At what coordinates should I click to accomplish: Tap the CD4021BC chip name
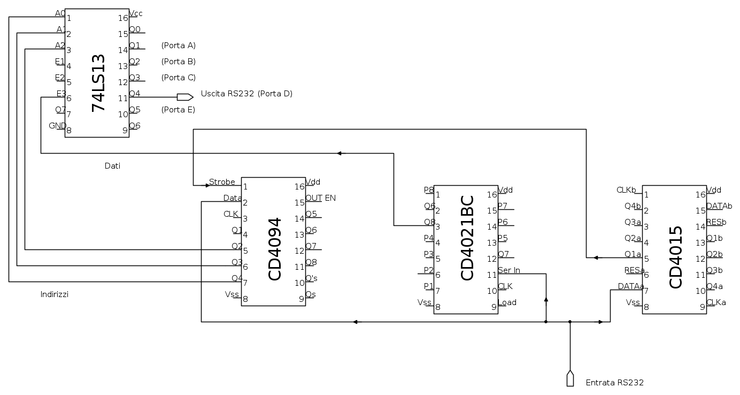tap(467, 238)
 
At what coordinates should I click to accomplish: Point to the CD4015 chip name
tap(676, 257)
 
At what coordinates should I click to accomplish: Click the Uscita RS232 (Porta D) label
tap(246, 94)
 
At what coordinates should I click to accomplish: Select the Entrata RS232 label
tap(614, 383)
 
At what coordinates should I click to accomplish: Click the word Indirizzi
tap(55, 294)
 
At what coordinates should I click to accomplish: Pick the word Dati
tap(112, 166)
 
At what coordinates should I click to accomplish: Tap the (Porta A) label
tap(178, 45)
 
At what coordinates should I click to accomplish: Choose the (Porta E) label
tap(178, 110)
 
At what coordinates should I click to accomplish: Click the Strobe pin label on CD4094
tap(222, 182)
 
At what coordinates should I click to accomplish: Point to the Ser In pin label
tap(509, 270)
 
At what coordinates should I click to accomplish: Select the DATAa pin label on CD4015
tap(631, 286)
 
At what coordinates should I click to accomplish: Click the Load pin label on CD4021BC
tap(507, 302)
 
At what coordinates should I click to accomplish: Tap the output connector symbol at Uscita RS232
tap(185, 97)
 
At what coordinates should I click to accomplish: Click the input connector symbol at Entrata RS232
tap(570, 378)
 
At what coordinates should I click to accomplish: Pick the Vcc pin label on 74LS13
tap(136, 13)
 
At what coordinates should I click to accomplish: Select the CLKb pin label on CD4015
tap(626, 190)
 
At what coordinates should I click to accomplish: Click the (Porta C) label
tap(178, 78)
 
